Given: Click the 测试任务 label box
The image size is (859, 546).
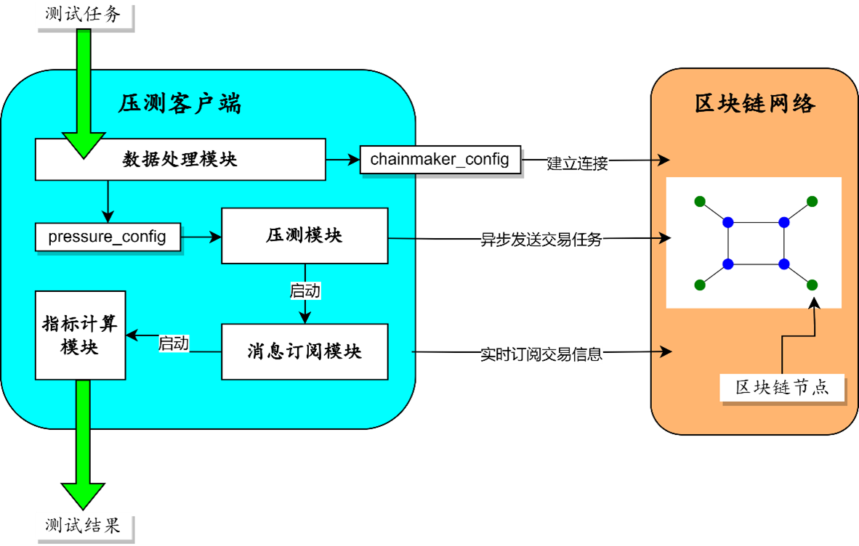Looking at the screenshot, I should (x=84, y=15).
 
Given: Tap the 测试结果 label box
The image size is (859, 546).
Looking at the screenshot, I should (x=84, y=524).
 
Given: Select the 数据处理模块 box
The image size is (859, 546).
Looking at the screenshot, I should (x=180, y=160).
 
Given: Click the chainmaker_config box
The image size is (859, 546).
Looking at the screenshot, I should (x=440, y=159).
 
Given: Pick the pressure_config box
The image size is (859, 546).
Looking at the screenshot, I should (x=108, y=237).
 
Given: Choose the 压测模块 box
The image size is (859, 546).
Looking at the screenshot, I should (x=305, y=236).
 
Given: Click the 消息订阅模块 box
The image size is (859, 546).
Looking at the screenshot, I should (x=305, y=352).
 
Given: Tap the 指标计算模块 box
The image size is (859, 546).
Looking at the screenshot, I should (x=81, y=335).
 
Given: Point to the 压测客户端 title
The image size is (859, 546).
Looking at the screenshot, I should (x=180, y=105).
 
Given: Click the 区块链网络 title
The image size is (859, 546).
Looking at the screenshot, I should (x=755, y=105).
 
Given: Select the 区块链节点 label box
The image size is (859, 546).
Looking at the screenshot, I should (x=783, y=387).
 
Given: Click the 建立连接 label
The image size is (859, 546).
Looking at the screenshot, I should (x=578, y=164).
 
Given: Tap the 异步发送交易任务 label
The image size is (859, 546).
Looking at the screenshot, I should (x=542, y=240).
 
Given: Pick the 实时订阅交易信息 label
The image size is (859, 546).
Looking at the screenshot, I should (x=542, y=355).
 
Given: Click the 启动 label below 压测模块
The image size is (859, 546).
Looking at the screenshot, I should (x=305, y=292).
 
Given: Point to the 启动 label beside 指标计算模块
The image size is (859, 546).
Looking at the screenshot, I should (x=174, y=343).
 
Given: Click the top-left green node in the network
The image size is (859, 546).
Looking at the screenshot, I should (x=699, y=201).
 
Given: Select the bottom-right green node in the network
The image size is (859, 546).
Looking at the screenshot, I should (x=812, y=285).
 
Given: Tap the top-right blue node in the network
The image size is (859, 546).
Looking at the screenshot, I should (x=783, y=222).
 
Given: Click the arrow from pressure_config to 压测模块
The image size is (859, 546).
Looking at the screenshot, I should (x=201, y=237).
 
